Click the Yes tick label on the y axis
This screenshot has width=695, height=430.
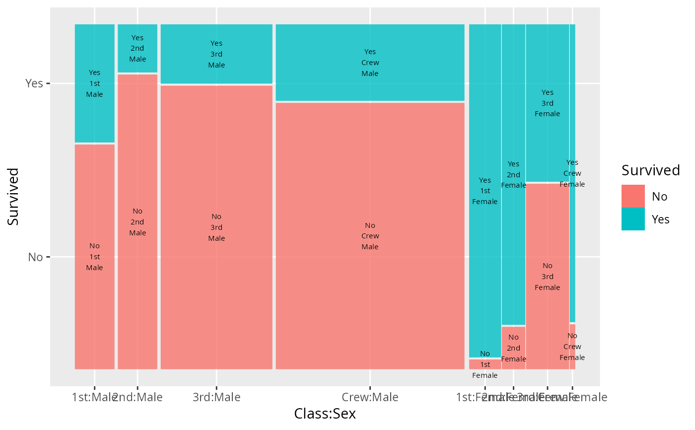(34, 83)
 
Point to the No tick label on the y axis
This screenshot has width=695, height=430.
(35, 257)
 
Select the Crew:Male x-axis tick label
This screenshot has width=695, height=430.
(370, 397)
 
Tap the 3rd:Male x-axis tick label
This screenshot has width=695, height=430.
(216, 397)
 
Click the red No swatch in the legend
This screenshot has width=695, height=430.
(633, 196)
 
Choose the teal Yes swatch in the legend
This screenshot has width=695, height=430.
(633, 219)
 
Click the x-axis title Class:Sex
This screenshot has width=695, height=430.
(325, 414)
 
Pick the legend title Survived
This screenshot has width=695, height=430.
(650, 170)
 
